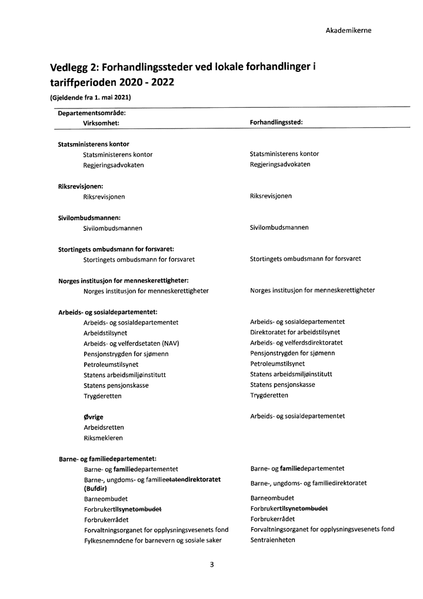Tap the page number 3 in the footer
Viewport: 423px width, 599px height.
(212, 564)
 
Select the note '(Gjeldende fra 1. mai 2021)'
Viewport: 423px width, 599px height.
(90, 97)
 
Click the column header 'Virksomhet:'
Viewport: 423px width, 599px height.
(102, 123)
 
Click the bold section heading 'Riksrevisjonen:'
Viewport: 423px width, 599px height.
(81, 186)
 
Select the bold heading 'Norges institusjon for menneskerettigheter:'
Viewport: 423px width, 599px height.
(123, 280)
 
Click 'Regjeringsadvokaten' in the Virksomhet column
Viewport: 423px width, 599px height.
(114, 165)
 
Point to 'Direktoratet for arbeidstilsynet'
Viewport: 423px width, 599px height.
(295, 332)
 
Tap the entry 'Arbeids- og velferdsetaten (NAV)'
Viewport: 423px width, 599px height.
(131, 343)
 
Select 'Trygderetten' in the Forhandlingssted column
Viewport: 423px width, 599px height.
(269, 395)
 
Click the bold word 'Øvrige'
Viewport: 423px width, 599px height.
(94, 417)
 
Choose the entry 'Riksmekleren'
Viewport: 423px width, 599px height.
(104, 438)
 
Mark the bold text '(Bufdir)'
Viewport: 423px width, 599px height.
(95, 488)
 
